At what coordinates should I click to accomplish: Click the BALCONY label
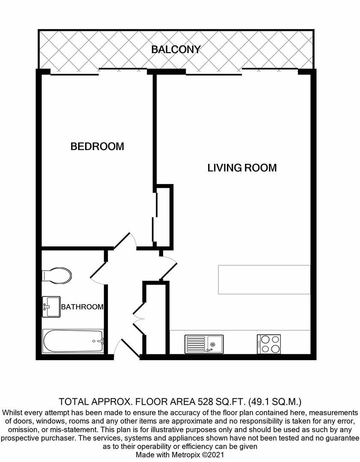pos(176,49)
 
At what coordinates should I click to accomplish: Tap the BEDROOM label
pos(97,146)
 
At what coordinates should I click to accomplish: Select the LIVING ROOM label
pos(242,167)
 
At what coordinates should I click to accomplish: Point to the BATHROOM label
pos(82,307)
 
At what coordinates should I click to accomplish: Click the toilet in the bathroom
pos(57,275)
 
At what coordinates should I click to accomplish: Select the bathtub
pos(73,341)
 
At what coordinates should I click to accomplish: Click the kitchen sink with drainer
pos(204,344)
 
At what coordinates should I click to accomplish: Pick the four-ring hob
pos(269,344)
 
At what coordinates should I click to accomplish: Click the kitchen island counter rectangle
pos(264,279)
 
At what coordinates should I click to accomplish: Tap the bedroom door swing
pos(126,240)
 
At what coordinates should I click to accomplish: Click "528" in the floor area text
pos(206,402)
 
